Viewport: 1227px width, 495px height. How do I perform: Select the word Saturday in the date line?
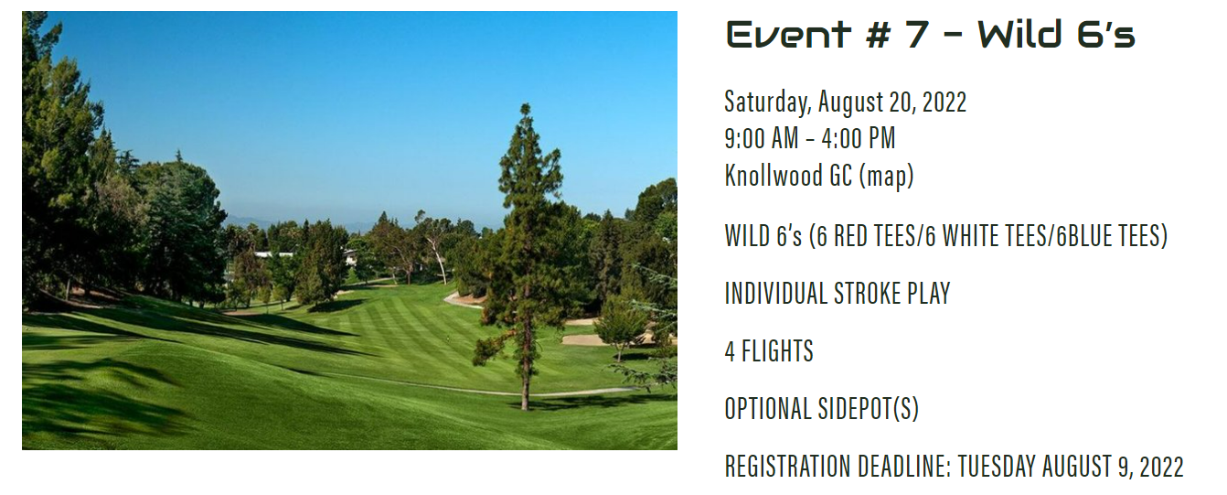(767, 102)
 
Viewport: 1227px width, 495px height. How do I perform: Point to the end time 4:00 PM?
(859, 138)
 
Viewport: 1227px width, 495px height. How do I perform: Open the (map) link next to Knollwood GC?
(886, 177)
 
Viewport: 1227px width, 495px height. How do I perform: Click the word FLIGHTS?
(777, 350)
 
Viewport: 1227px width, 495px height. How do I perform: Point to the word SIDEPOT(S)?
(869, 409)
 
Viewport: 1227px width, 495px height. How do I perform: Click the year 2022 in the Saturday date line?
(944, 102)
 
